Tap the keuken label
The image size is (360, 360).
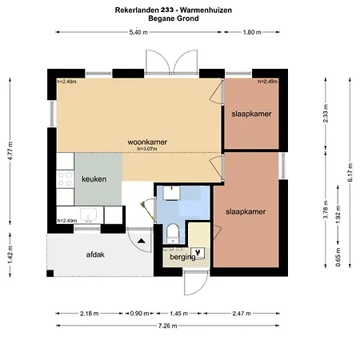coord(94,179)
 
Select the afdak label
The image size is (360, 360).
coord(96,255)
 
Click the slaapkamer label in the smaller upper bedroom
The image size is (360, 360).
coord(250,114)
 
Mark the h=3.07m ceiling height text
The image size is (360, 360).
coord(149,149)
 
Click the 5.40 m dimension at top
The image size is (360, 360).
coord(139,32)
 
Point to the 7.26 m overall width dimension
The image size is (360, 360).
coord(167,326)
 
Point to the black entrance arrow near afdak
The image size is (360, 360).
coord(141,239)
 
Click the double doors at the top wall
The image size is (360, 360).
coord(170,61)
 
